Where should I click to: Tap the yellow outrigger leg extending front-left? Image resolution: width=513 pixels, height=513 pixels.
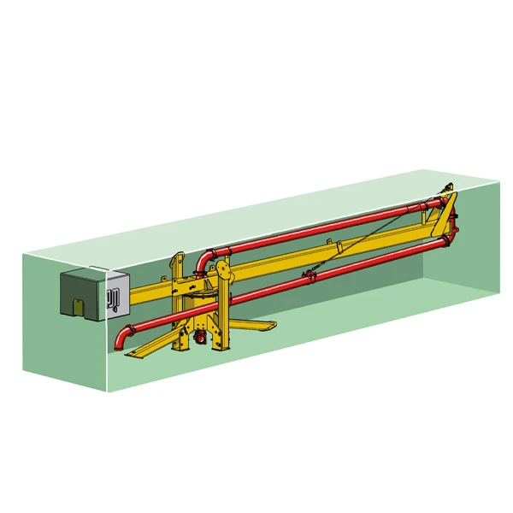150,345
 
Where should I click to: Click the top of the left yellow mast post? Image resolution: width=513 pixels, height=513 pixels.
178,256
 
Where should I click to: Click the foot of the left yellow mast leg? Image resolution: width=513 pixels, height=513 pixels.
180,349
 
